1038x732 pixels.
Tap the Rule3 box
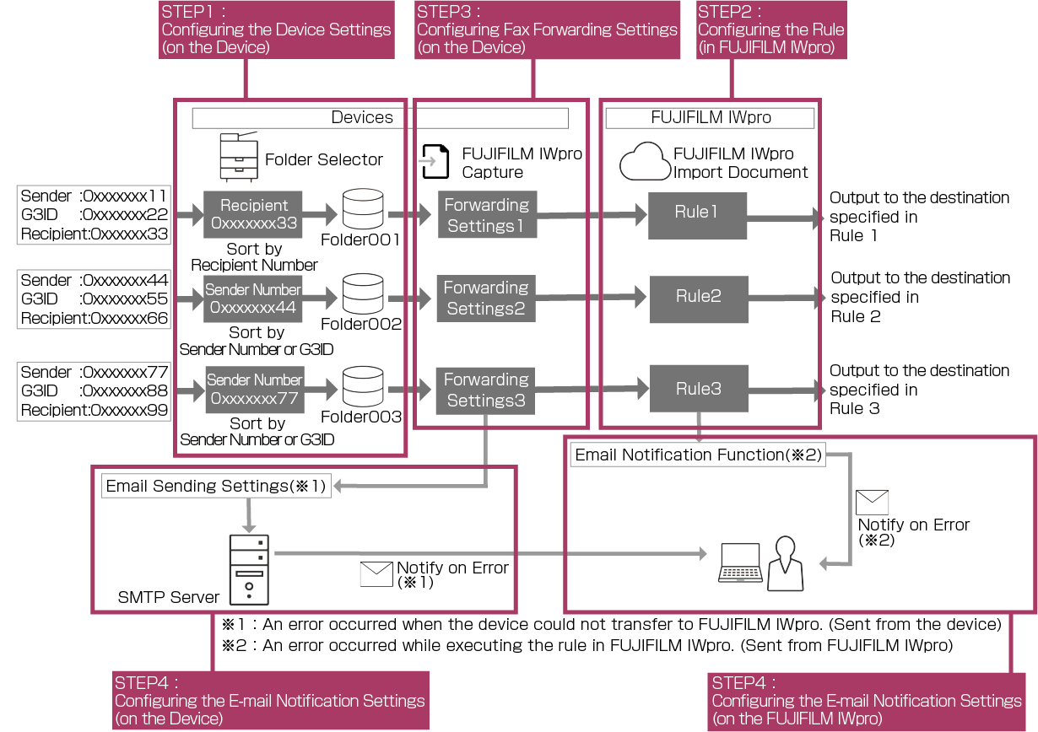click(x=698, y=389)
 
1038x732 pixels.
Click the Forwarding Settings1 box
click(x=487, y=215)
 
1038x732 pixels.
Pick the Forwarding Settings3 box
click(x=486, y=390)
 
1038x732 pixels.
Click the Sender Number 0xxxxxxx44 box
click(x=253, y=299)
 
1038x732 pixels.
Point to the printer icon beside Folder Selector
click(x=239, y=157)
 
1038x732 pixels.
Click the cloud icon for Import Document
click(x=644, y=162)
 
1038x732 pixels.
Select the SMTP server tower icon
click(x=249, y=569)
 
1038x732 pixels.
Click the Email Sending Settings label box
click(x=216, y=486)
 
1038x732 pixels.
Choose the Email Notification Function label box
click(x=697, y=455)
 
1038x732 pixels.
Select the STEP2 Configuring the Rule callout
click(x=771, y=30)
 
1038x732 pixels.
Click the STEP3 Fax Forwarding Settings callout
click(x=547, y=30)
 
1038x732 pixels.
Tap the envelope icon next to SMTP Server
click(x=376, y=574)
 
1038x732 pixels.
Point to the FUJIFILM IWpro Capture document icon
click(x=435, y=162)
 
